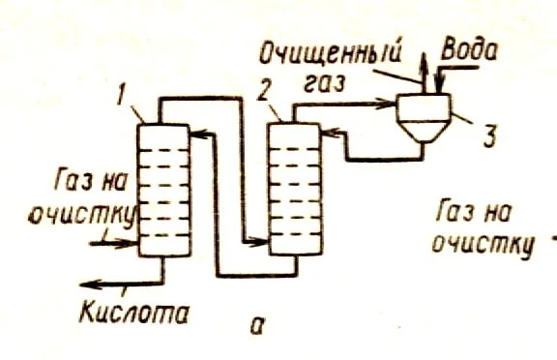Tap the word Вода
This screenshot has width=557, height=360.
pyautogui.click(x=470, y=49)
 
